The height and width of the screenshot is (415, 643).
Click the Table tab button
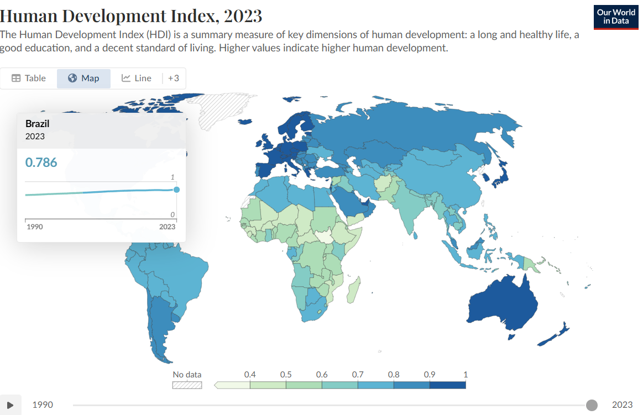(29, 78)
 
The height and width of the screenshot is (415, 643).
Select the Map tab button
(83, 78)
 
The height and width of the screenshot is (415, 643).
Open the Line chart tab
(137, 78)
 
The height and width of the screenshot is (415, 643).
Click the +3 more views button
(174, 78)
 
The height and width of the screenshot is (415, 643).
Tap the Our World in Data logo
(616, 17)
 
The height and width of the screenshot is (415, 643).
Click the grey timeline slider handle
(592, 405)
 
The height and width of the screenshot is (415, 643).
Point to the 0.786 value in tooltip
(41, 162)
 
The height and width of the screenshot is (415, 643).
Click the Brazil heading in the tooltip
(37, 124)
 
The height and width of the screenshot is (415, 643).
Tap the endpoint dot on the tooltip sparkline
(177, 190)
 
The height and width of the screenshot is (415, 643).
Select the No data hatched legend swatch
(187, 385)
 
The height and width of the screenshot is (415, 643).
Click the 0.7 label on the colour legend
(358, 375)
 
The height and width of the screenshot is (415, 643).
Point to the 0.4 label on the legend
(250, 375)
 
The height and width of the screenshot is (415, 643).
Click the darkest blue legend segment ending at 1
(448, 385)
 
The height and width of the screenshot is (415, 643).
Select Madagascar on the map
(354, 290)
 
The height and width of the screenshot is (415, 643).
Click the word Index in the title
(193, 16)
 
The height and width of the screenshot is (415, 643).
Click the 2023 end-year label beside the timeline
(622, 405)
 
